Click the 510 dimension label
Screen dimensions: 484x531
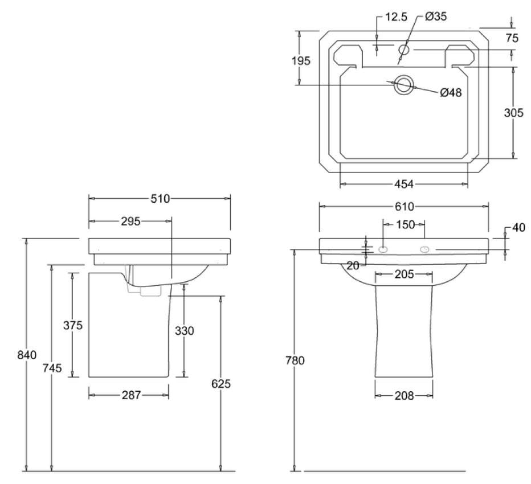pyautogui.click(x=160, y=199)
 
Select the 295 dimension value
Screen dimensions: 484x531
pyautogui.click(x=130, y=222)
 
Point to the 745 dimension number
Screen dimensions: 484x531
pyautogui.click(x=52, y=368)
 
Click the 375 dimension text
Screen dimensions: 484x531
pyautogui.click(x=73, y=326)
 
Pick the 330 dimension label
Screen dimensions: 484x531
pyautogui.click(x=185, y=331)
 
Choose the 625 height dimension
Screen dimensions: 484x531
pyautogui.click(x=221, y=384)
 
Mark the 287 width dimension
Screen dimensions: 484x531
pyautogui.click(x=130, y=395)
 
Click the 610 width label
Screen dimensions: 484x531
pyautogui.click(x=404, y=206)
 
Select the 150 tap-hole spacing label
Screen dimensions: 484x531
pyautogui.click(x=405, y=225)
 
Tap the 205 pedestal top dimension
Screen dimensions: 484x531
pyautogui.click(x=403, y=275)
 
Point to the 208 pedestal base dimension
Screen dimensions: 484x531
pyautogui.click(x=403, y=395)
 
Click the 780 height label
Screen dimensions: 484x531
pyautogui.click(x=296, y=360)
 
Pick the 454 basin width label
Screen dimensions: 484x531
pyautogui.click(x=403, y=184)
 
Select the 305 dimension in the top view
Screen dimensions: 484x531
pyautogui.click(x=513, y=113)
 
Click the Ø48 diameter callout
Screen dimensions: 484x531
pyautogui.click(x=451, y=93)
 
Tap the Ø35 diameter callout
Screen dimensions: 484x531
pyautogui.click(x=436, y=17)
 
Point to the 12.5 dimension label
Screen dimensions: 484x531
pyautogui.click(x=396, y=17)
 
